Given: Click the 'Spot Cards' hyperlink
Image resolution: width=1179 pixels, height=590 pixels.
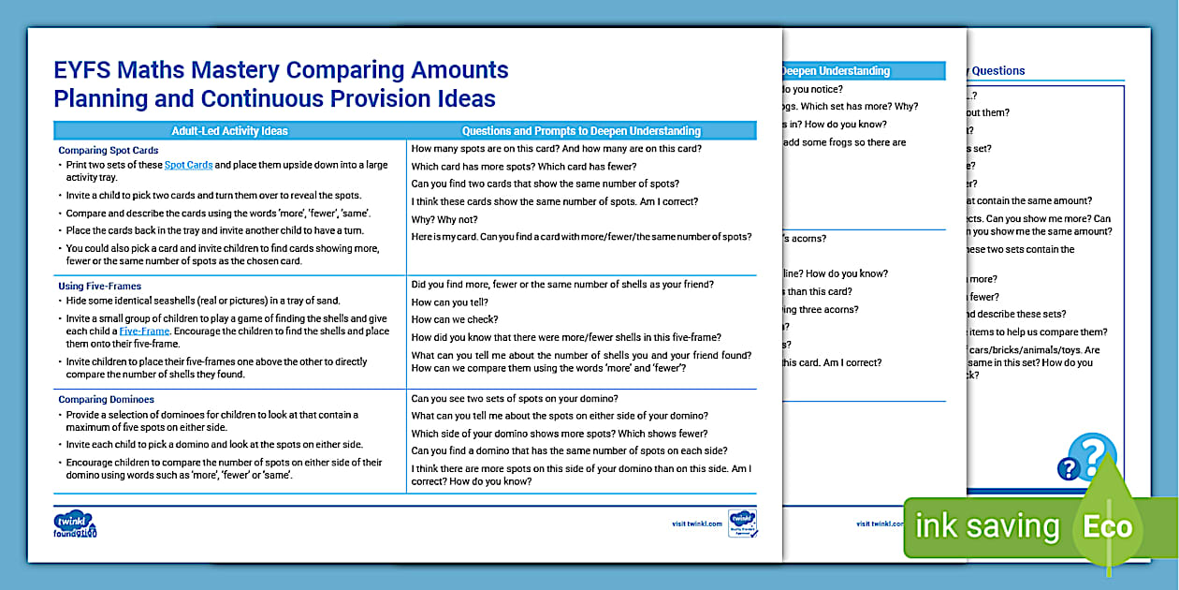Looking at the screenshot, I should [x=189, y=165].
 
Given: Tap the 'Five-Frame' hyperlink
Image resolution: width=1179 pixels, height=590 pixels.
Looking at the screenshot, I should [x=144, y=332].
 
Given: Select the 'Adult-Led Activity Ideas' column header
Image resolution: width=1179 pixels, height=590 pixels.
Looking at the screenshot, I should [x=229, y=131].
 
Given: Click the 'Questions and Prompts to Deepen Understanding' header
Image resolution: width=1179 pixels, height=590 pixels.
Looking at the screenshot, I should [x=581, y=131].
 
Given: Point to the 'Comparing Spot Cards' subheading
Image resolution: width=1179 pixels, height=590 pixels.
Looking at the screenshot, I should [x=109, y=150].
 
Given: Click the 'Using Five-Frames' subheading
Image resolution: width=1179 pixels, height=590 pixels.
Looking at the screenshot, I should [x=100, y=286].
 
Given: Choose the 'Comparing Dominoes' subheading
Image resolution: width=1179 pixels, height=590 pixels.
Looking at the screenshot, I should [x=106, y=399].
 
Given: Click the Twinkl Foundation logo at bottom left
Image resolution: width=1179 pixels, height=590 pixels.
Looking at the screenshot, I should [x=76, y=524].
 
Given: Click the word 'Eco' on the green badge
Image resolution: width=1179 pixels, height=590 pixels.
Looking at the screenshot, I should [x=1108, y=526].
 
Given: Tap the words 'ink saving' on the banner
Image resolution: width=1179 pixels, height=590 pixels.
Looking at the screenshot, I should [x=986, y=526].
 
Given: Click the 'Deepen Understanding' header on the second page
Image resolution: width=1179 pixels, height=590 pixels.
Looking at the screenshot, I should [x=835, y=71].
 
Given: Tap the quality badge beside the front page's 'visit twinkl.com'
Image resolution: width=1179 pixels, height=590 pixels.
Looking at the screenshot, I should [x=742, y=524].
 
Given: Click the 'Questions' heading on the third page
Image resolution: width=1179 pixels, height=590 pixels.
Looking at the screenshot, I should [x=997, y=71].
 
